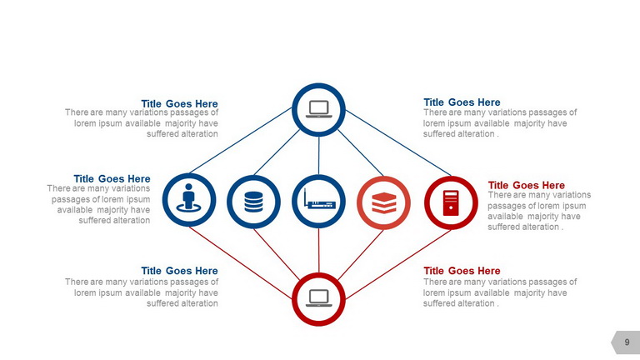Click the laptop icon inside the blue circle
click(319, 109)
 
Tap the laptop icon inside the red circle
click(319, 298)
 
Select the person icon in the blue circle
click(188, 198)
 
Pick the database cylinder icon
click(253, 202)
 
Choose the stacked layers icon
click(384, 202)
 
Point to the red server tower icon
click(451, 202)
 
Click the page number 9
click(627, 342)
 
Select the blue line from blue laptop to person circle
click(241, 140)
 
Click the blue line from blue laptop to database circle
click(277, 152)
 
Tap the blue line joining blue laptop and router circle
click(319, 156)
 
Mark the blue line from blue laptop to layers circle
click(360, 153)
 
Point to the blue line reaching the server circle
click(398, 142)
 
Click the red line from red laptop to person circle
click(241, 262)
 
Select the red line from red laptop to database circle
click(277, 254)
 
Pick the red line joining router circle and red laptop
click(319, 250)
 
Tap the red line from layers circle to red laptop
click(360, 255)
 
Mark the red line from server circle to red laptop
click(398, 264)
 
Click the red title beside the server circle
click(526, 185)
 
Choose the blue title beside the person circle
click(112, 179)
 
